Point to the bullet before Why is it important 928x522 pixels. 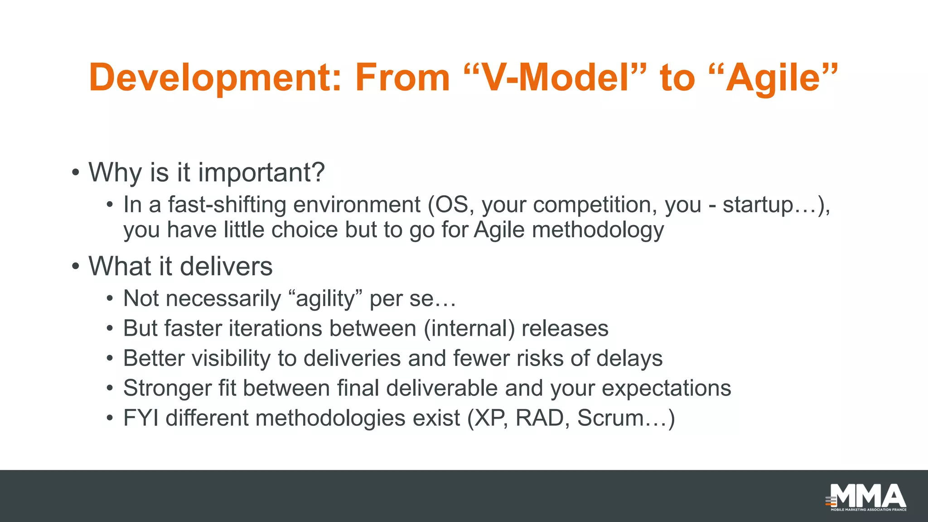[76, 173]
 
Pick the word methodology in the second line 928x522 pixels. [598, 230]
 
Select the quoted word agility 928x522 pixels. [325, 299]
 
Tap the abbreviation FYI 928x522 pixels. [141, 418]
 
